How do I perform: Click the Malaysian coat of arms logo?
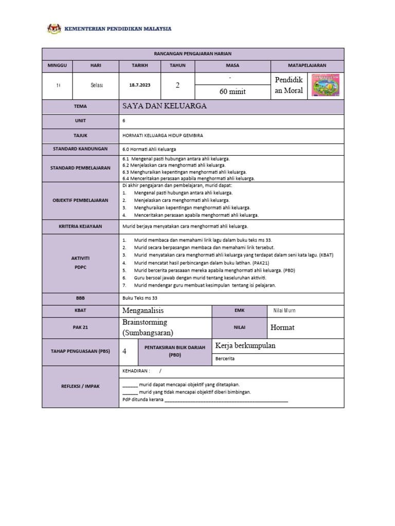click(54, 29)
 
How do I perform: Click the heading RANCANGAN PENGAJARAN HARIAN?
click(193, 53)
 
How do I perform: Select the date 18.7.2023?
click(139, 85)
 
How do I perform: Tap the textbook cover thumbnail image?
click(326, 85)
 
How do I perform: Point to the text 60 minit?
click(232, 91)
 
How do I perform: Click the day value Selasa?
click(96, 85)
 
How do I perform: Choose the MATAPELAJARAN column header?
click(307, 66)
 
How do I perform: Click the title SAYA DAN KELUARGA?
click(165, 106)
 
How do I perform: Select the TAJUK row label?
click(80, 135)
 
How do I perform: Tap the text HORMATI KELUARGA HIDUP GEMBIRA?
click(163, 135)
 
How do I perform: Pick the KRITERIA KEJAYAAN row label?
click(80, 226)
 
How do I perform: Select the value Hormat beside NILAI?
click(283, 327)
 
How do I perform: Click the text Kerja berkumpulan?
click(245, 345)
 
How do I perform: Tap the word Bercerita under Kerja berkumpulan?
click(225, 359)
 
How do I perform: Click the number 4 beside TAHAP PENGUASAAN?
click(124, 351)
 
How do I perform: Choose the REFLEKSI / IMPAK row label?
click(80, 386)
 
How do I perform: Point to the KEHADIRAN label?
click(136, 370)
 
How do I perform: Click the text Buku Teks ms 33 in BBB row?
click(140, 298)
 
